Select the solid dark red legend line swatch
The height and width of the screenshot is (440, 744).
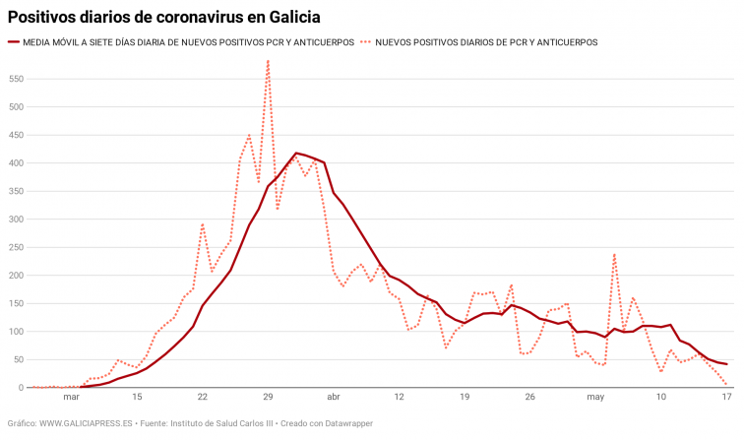[14, 42]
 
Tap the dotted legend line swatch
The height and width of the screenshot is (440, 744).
[366, 42]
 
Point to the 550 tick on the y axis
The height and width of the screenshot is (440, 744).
[16, 78]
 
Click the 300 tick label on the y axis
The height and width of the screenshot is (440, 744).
[16, 219]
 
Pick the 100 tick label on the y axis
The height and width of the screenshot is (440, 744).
[16, 332]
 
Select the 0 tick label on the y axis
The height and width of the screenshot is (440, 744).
[20, 388]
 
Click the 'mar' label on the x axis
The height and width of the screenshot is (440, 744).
[71, 398]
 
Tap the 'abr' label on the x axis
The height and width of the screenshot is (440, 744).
[334, 398]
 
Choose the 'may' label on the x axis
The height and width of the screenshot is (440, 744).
[595, 398]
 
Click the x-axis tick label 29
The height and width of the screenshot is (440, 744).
[268, 398]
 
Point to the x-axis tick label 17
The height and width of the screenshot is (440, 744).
[726, 398]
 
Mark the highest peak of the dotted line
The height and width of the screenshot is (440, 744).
[268, 61]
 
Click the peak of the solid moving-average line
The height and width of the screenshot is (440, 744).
[296, 153]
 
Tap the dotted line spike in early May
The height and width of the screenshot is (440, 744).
[614, 254]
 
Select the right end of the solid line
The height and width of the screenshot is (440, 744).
[726, 364]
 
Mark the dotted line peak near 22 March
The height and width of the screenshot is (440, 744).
[203, 224]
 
